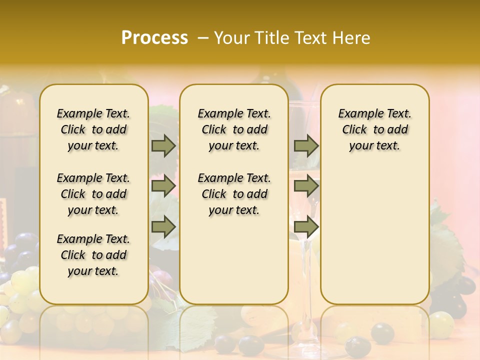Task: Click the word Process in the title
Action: [x=154, y=38]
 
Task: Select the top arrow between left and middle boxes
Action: [x=163, y=145]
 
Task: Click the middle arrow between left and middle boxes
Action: [x=163, y=186]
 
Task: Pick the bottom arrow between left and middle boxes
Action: [x=163, y=226]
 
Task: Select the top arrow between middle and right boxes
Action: [x=306, y=145]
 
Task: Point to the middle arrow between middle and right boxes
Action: [x=306, y=186]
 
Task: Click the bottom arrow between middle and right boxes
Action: [x=306, y=226]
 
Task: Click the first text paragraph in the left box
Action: [x=93, y=129]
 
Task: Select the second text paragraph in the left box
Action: [x=93, y=194]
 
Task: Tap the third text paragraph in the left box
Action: [x=93, y=255]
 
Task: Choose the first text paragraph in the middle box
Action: [x=234, y=129]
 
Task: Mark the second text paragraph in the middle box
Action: [x=234, y=194]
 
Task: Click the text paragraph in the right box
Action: [x=374, y=129]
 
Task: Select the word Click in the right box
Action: [x=355, y=130]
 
